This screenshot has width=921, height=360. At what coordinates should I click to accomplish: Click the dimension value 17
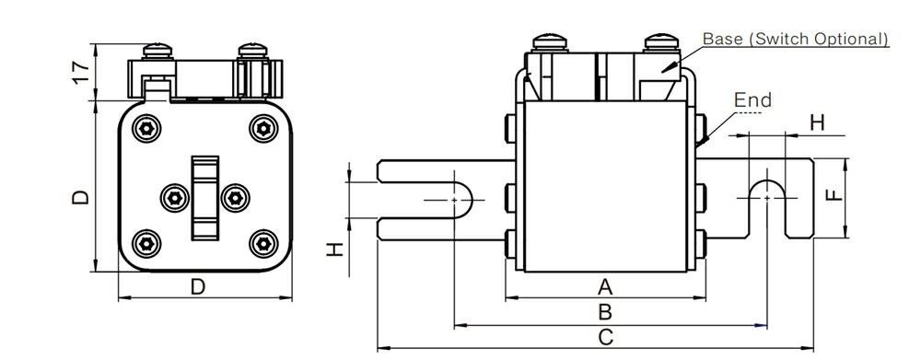point(82,71)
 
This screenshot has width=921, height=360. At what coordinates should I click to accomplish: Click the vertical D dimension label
point(80,196)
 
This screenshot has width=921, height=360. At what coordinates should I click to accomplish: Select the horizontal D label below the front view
point(199,287)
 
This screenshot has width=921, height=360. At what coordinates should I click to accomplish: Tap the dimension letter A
point(606,287)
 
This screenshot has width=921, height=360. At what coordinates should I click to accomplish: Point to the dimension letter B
point(606,312)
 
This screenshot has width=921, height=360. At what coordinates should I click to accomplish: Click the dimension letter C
point(606,337)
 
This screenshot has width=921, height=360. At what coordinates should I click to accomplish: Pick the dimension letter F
point(834,195)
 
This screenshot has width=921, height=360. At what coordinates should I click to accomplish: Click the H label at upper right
point(818,122)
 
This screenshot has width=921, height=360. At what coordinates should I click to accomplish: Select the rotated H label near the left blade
point(333,250)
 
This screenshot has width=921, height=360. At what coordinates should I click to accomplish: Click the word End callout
point(753,99)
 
